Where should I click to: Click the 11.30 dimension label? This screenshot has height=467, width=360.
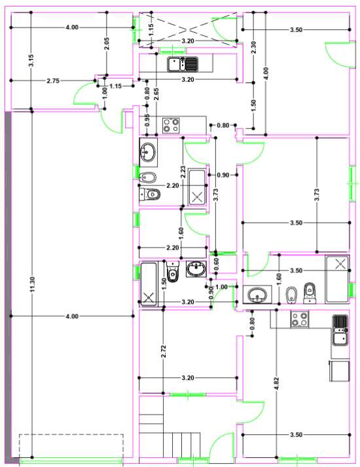point(33,284)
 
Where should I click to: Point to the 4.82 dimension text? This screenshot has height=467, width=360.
point(276,384)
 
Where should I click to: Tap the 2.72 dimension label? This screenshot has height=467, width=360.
point(163,352)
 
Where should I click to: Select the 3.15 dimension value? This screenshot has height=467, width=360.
point(31,60)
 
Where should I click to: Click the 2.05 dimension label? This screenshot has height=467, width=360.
point(107,43)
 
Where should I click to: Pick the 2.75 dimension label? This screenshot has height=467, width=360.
point(53,81)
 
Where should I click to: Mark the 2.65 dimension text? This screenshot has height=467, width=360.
point(156,94)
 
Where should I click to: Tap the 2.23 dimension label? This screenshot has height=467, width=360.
point(183,172)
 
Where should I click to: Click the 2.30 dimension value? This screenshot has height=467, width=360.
point(253,47)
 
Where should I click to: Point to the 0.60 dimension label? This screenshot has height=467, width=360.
point(216,263)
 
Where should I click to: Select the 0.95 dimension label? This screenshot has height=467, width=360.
point(147,120)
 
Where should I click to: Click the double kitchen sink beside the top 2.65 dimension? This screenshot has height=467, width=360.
point(183,64)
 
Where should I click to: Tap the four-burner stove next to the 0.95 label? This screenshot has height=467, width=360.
point(171,125)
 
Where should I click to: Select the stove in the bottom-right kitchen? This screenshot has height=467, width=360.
point(300,319)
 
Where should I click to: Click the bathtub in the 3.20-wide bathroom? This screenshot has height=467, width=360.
point(149,284)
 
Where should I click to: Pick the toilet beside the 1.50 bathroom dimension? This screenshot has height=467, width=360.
point(173,272)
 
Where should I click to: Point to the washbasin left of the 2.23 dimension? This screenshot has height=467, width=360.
point(148,152)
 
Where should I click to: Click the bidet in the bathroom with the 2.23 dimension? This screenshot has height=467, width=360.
point(147,178)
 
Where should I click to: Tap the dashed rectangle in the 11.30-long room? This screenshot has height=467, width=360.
point(71,445)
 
